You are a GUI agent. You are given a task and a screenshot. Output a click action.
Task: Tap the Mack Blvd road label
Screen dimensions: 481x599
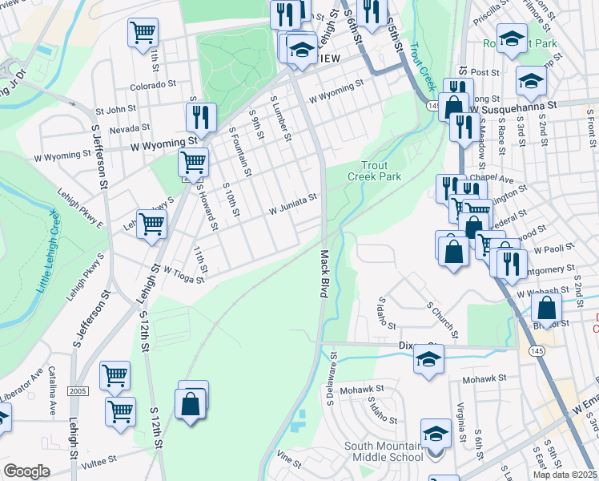[325, 274]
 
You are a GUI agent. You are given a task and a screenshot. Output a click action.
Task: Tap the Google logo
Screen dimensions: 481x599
[26, 471]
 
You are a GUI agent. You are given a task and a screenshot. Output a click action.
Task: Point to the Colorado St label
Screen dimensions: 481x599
[155, 84]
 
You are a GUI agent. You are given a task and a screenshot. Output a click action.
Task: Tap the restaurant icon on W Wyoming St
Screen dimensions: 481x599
[201, 117]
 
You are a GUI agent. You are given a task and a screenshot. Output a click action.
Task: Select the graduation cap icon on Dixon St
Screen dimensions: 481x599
[428, 358]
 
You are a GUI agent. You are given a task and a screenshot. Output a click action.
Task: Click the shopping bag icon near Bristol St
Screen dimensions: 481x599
[545, 308]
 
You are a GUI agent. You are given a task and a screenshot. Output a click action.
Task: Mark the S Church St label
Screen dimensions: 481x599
[442, 320]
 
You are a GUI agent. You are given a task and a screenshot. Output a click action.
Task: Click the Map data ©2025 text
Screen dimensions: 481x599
[565, 475]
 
